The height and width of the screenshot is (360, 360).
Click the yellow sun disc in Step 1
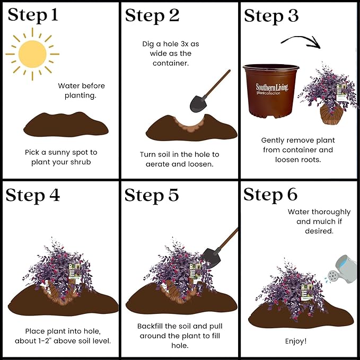coord(32,54)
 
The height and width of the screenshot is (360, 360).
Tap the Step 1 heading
coord(33,15)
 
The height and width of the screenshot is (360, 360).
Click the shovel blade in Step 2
coord(198,103)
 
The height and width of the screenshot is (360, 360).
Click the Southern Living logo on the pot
coord(271,89)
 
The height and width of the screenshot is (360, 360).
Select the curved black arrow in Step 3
coord(301,41)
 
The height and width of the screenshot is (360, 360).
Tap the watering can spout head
coord(332,276)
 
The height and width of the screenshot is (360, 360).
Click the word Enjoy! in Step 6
coord(296,341)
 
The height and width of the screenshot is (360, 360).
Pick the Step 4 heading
coord(33,196)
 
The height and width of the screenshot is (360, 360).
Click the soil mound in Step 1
coord(66,125)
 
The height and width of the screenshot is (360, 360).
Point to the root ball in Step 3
coord(331,114)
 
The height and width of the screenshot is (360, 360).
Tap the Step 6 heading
coord(270,195)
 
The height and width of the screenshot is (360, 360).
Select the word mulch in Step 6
coord(324,221)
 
